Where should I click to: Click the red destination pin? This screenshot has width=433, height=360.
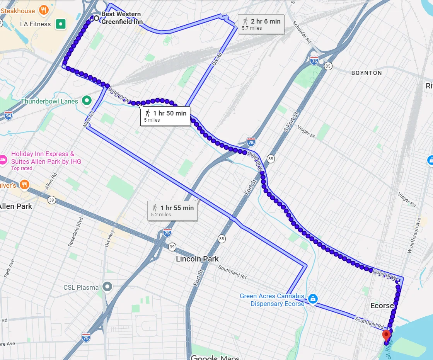[386, 335]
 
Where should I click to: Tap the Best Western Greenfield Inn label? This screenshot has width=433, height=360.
[121, 18]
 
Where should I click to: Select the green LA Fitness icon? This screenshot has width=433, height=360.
[60, 24]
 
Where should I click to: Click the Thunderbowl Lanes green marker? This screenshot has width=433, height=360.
[87, 101]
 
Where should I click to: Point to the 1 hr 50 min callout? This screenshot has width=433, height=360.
[165, 116]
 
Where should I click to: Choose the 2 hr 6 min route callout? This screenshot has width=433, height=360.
[261, 24]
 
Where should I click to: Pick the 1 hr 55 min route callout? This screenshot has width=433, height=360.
[172, 211]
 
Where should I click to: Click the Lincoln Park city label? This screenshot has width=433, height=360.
[197, 259]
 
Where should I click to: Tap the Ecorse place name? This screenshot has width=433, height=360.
[382, 306]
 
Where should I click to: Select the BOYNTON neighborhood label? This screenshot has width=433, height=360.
[367, 73]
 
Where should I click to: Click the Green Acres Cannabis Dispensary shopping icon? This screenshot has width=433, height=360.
[313, 299]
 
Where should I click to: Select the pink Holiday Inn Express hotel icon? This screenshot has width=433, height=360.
[3, 159]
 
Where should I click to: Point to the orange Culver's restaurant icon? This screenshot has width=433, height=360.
[25, 185]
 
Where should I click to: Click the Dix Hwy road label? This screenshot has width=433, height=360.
[109, 239]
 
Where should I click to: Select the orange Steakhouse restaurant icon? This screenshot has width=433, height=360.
[44, 10]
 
